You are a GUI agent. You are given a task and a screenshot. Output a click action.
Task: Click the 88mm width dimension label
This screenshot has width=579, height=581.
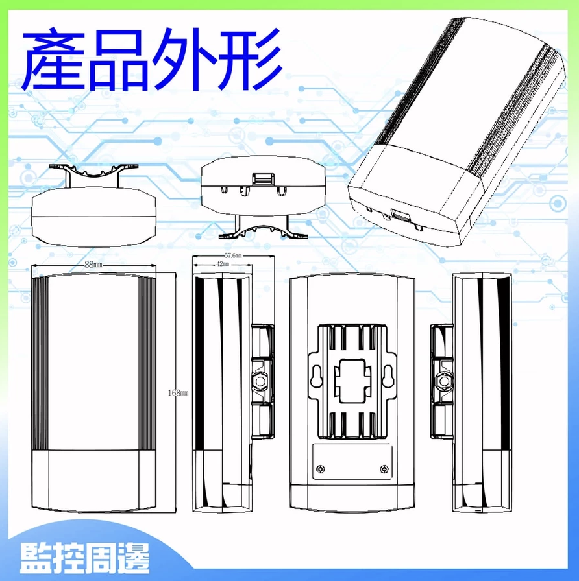click(x=93, y=265)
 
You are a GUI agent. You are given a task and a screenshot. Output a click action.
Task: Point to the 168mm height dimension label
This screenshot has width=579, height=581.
click(x=178, y=393)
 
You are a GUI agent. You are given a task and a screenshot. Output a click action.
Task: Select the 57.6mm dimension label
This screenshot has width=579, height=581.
click(x=233, y=255)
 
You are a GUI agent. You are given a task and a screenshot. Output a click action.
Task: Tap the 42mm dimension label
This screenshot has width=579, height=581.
click(x=223, y=264)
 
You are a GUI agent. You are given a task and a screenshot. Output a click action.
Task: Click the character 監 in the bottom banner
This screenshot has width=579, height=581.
click(x=36, y=558)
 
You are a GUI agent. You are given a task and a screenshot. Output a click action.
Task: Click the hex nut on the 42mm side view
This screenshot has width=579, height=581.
click(x=259, y=381)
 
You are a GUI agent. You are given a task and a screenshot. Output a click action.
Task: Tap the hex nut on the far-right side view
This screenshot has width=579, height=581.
click(x=443, y=381)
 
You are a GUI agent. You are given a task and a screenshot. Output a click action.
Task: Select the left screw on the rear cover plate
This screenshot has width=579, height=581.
click(x=321, y=469)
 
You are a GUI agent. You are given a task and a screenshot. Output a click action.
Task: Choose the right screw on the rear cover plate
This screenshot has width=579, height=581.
click(x=385, y=469)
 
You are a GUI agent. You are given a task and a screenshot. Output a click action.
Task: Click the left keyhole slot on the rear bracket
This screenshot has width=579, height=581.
click(x=316, y=377)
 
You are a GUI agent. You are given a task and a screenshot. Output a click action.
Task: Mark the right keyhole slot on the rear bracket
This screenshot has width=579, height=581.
click(x=388, y=377)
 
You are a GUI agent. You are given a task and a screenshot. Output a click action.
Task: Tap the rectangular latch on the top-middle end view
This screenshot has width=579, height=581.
click(x=263, y=178)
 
